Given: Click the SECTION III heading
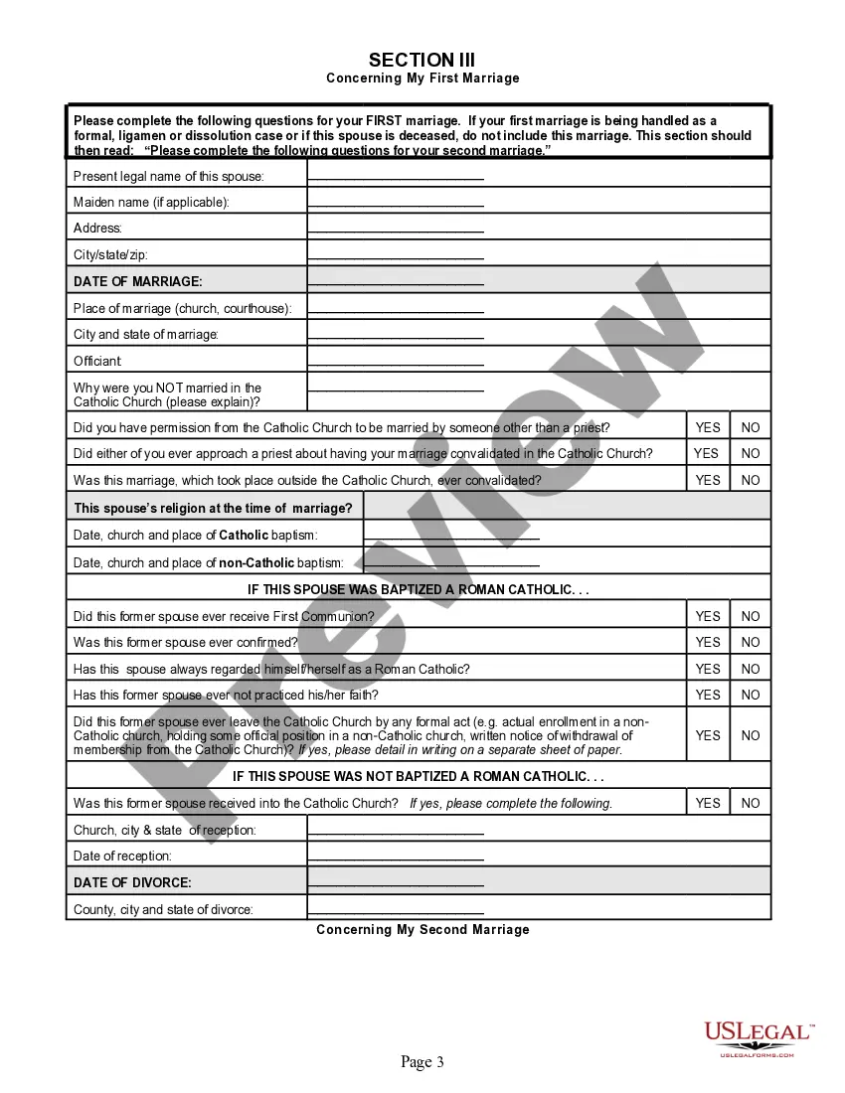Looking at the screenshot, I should pos(422,60).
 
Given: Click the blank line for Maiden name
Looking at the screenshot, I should pos(396,204).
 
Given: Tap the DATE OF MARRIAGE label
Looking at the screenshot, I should pos(138,281).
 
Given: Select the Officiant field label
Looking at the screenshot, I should pos(97,361).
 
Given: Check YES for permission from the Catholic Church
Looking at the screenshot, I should pos(708,427).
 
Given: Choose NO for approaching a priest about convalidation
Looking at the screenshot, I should pos(751,453).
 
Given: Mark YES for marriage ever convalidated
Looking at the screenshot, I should pos(708,480).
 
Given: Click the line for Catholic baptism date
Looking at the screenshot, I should pos(452,537).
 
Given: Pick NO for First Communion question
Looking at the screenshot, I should pos(751,616).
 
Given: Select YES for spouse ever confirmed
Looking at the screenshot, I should pos(708,642).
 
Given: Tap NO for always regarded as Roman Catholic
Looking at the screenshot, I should pos(751,669).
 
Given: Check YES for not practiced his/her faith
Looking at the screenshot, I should pos(708,695).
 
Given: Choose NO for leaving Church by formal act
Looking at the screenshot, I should pos(751,735).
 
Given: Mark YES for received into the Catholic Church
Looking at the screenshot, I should pos(708,803).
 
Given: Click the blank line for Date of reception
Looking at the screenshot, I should pos(396,858).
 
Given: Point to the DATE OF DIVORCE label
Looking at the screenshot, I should pos(133,882).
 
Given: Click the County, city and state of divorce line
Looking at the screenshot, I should pos(396,911).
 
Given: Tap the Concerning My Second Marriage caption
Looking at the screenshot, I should pos(422,930).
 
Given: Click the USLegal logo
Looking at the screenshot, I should pos(758,1039).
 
